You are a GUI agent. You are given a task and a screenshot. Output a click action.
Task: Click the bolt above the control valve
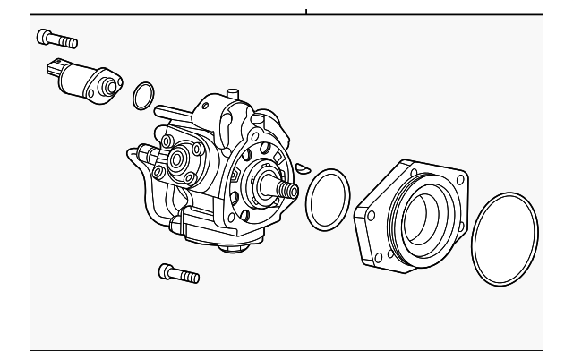pos(57,39)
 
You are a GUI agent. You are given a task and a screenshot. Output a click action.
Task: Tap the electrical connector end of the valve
pos(55,68)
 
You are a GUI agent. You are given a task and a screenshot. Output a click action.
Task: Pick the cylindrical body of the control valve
pos(79,79)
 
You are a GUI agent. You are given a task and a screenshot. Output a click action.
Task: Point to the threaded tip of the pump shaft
pos(291,191)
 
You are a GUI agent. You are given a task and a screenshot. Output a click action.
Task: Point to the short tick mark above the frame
pos(306,12)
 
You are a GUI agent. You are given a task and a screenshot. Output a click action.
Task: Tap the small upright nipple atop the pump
pos(232,93)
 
